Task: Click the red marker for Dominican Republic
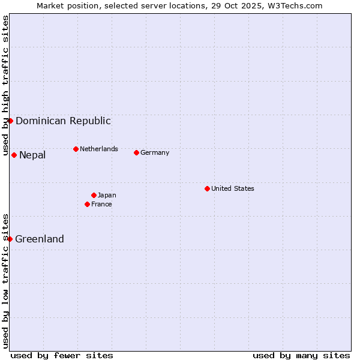[x=10, y=121]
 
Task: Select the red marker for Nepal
[x=14, y=155]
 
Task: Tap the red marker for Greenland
[x=10, y=239]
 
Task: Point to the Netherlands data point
[x=76, y=149]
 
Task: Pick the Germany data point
[x=136, y=152]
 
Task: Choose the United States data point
[x=207, y=188]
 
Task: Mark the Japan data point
[x=94, y=195]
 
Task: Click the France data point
[x=88, y=204]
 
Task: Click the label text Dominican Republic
[x=63, y=121]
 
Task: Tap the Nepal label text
[x=32, y=155]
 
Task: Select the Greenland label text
[x=40, y=239]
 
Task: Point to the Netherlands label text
[x=99, y=149]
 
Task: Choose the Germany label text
[x=155, y=152]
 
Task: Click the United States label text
[x=233, y=188]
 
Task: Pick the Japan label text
[x=107, y=195]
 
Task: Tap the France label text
[x=101, y=204]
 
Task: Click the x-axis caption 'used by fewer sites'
[x=62, y=355]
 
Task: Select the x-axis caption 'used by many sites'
[x=301, y=355]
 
